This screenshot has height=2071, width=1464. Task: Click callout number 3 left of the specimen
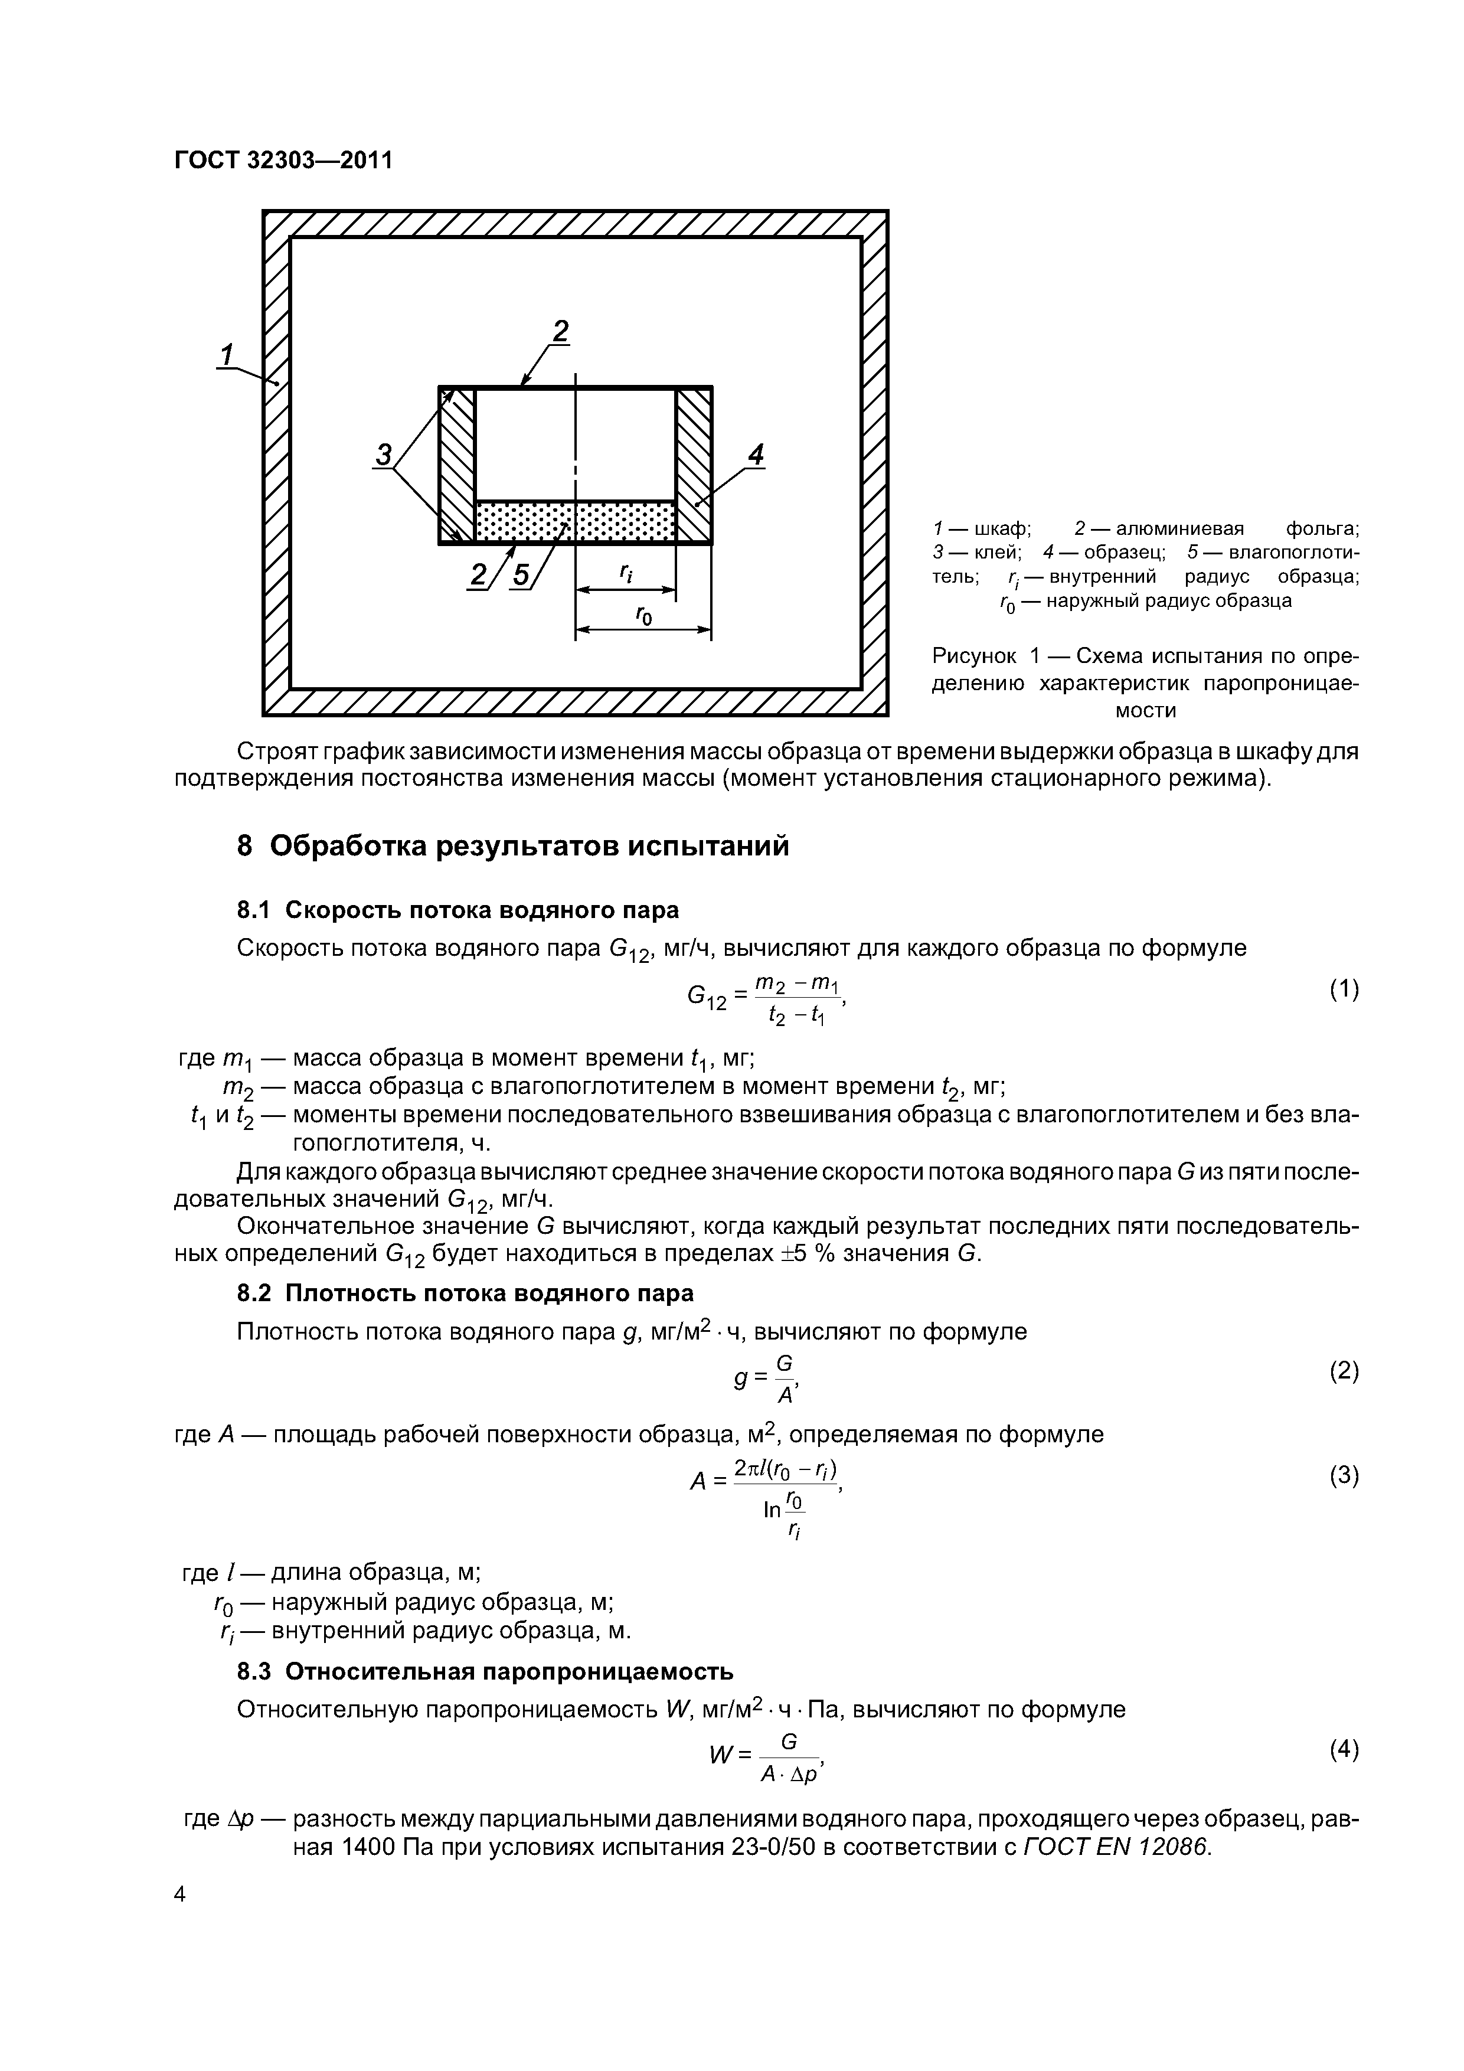click(x=384, y=454)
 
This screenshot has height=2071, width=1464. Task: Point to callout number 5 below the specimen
click(x=521, y=574)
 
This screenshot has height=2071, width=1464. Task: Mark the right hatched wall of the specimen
click(x=694, y=465)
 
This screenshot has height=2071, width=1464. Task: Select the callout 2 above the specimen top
click(x=561, y=332)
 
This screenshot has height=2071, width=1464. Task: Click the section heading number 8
click(x=244, y=846)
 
